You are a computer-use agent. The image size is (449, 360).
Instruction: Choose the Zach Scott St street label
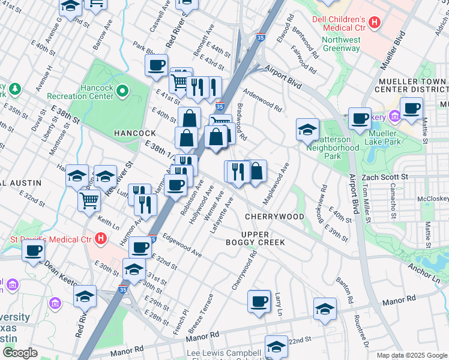coord(384,178)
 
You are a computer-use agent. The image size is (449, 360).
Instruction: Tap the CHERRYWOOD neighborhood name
coord(274,216)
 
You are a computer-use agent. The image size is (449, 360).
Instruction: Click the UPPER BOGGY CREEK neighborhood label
coord(263,238)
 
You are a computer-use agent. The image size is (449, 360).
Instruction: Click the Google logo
coord(20,353)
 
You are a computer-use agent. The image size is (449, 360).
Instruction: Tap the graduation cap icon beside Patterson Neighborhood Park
coord(307,129)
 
